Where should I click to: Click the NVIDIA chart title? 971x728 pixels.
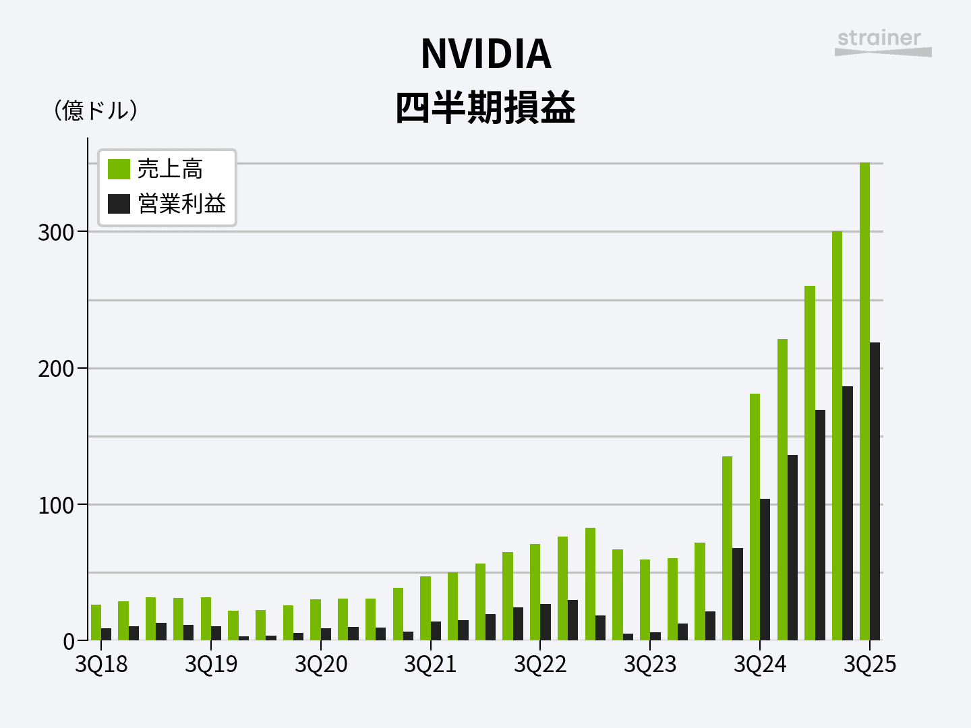tap(486, 54)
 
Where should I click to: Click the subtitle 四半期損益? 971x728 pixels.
tap(486, 108)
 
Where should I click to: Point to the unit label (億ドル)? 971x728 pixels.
tap(96, 111)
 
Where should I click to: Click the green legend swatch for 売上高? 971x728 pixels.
tap(119, 169)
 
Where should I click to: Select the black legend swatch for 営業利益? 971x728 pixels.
tap(119, 204)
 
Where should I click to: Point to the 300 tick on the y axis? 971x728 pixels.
tap(55, 233)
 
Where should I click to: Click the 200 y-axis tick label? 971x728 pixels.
tap(55, 369)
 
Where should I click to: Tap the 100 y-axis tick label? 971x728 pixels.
tap(55, 506)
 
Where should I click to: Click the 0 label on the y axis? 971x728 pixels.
tap(68, 642)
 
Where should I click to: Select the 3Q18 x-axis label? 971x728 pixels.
tap(101, 665)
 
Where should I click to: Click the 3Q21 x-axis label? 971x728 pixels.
tap(430, 665)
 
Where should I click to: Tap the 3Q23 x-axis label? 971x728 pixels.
tap(650, 665)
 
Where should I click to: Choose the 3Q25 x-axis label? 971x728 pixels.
tap(870, 665)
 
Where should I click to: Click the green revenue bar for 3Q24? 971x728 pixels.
tap(755, 516)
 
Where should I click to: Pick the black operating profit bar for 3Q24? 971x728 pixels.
tap(765, 569)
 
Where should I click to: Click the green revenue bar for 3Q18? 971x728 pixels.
tap(96, 622)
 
